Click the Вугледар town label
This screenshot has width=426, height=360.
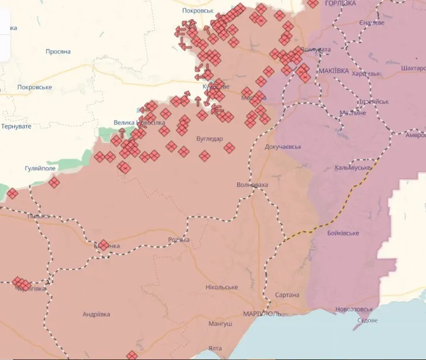[209, 139]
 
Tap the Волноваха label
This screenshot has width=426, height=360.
[252, 185]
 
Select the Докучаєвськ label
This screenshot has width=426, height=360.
[283, 146]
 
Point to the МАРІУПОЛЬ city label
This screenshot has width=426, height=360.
[262, 313]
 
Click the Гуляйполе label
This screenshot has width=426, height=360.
[40, 168]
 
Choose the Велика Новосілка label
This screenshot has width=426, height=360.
[139, 122]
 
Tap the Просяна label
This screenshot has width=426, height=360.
[58, 52]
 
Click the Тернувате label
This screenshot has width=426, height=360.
[16, 126]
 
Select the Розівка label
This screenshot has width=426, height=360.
[179, 240]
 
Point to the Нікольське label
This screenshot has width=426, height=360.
[222, 287]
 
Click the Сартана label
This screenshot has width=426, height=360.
[287, 295]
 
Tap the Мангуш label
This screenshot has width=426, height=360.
[220, 324]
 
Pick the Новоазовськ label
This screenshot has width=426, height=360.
[354, 310]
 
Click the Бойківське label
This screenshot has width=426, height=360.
[343, 233]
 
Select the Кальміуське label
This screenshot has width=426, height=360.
[352, 168]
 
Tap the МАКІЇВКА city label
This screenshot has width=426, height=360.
[334, 71]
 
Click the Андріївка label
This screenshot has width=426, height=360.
[96, 314]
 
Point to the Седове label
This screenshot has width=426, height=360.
[367, 320]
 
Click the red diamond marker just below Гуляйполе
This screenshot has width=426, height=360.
[54, 183]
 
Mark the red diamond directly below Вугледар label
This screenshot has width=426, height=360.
[205, 156]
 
